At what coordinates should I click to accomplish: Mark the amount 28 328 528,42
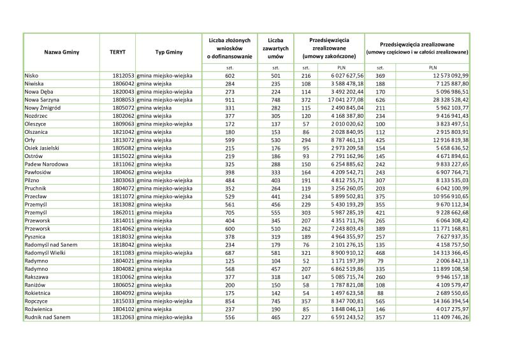450,99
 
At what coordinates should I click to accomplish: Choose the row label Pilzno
32,180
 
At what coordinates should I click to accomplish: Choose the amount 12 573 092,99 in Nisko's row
450,75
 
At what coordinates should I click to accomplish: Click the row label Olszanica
37,131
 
